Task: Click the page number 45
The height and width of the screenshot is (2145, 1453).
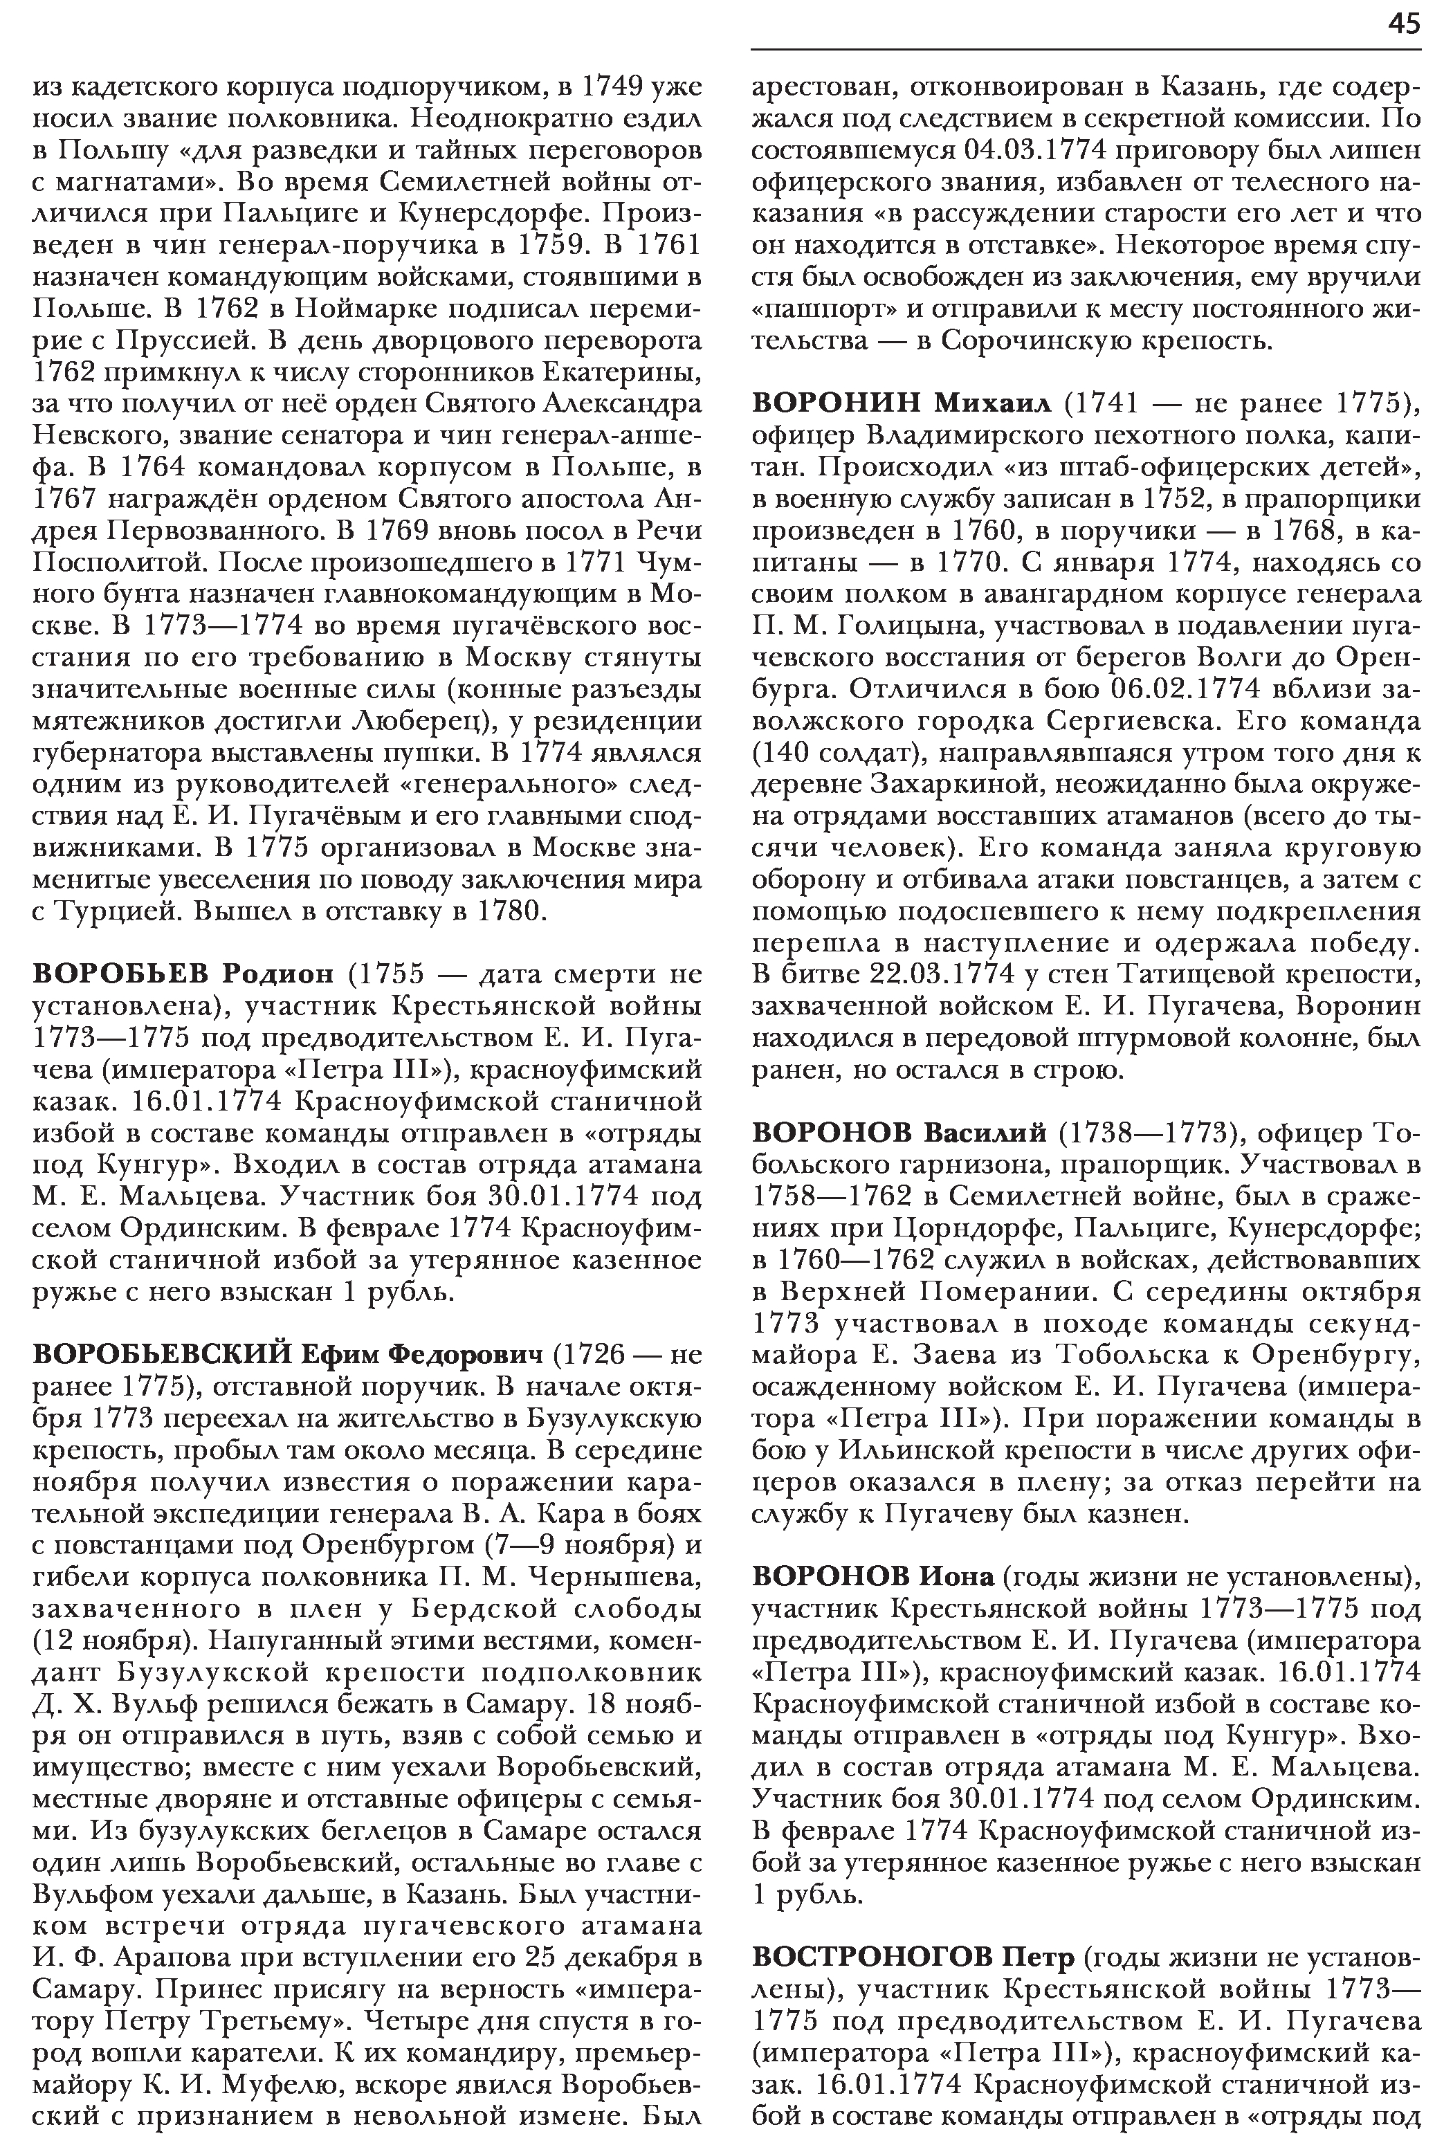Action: click(x=1403, y=25)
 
